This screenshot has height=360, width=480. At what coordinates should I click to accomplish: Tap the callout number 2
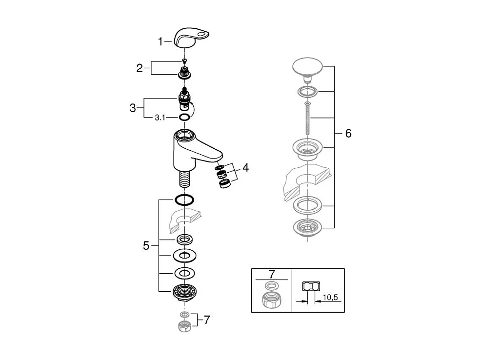tap(140, 68)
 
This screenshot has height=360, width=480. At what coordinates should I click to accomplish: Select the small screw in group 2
tap(184, 61)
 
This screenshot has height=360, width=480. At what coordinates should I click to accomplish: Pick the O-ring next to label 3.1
tap(184, 117)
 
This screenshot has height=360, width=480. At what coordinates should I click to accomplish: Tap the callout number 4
tap(245, 168)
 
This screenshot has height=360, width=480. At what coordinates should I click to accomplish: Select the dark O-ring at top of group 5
tap(184, 200)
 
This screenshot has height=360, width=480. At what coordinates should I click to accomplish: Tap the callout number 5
tap(146, 246)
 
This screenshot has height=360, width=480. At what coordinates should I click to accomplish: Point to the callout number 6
tap(348, 133)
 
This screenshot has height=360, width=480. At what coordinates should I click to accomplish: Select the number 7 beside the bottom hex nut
tap(207, 320)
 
